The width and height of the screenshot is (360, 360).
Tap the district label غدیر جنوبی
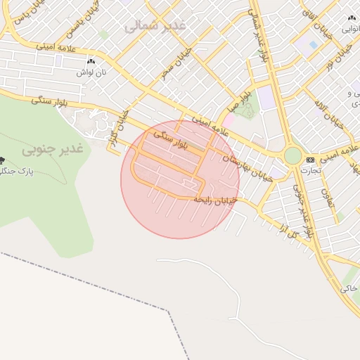[52, 148]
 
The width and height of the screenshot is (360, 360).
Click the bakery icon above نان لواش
[90, 62]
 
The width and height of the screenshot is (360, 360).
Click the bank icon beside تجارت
[310, 160]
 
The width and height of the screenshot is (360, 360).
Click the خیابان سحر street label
[170, 64]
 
